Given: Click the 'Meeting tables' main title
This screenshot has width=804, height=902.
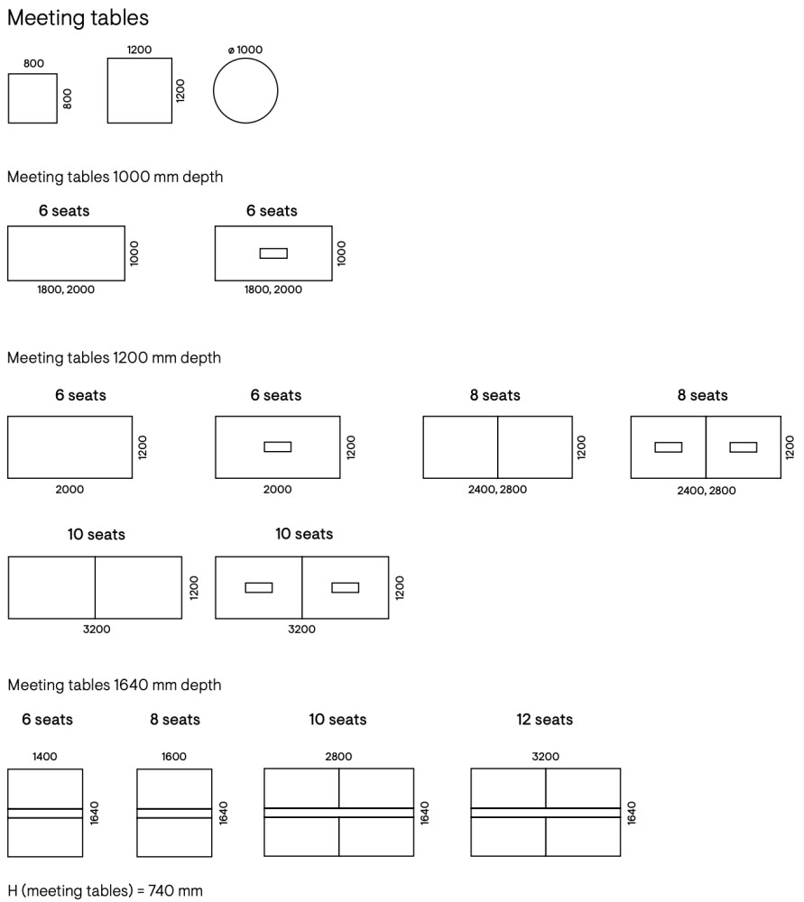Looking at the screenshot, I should click(x=78, y=18).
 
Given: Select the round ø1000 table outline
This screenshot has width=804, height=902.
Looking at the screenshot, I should click(x=245, y=91).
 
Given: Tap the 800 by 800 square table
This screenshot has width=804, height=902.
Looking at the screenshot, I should click(x=32, y=98).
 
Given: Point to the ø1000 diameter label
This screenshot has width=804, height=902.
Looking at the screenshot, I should click(x=245, y=50).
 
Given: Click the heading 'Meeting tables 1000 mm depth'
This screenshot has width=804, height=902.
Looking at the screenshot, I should click(x=115, y=177).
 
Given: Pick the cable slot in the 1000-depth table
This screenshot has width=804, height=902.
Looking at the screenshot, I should click(x=273, y=253).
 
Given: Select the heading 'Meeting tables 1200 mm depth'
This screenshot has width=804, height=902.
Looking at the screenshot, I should click(x=114, y=358).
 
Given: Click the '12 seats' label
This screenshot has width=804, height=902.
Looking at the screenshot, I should click(x=544, y=720).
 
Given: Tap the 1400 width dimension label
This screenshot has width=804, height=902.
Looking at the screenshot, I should click(x=44, y=757).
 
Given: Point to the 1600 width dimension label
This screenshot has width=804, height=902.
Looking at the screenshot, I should click(x=174, y=757).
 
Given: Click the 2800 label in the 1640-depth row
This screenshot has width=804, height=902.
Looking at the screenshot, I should click(x=338, y=757).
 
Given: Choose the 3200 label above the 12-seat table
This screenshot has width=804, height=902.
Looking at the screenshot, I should click(x=545, y=757).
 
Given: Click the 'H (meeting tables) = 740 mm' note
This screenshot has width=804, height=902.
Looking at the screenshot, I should click(x=105, y=891).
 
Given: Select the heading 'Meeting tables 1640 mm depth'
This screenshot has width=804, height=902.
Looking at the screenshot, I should click(x=114, y=686).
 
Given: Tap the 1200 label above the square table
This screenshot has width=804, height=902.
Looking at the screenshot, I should click(x=139, y=50).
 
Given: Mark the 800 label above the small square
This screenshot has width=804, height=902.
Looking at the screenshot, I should click(x=33, y=65).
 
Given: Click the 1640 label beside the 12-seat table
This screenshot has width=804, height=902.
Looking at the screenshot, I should click(x=631, y=813).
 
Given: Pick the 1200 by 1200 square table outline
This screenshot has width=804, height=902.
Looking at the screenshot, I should click(x=139, y=90).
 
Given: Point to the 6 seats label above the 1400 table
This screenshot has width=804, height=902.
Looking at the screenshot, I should click(x=47, y=720).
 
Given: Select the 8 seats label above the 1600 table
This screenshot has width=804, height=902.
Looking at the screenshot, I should click(x=175, y=720).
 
